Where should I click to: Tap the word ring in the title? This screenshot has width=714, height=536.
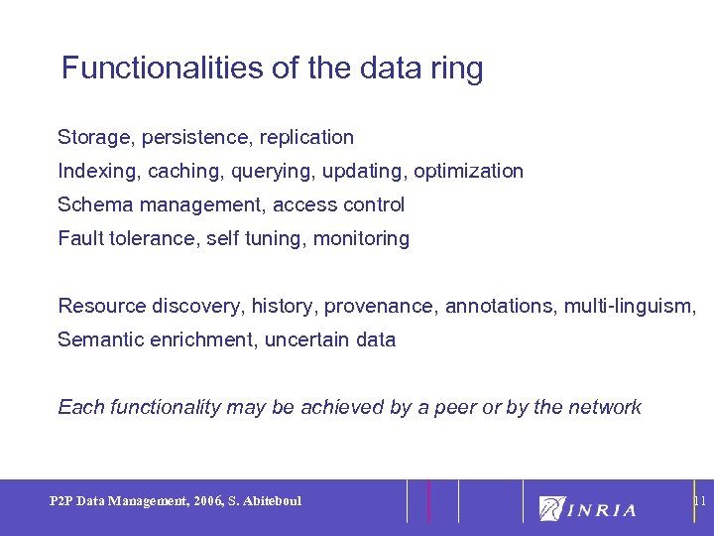[x=455, y=69]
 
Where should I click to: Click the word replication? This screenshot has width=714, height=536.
[x=306, y=137]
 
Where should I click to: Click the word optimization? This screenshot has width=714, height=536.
[x=468, y=171]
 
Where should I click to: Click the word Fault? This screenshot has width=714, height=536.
[x=79, y=238]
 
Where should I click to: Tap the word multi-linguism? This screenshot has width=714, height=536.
[x=630, y=306]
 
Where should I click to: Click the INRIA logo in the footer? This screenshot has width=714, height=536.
[x=587, y=508]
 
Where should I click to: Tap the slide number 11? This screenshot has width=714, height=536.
[x=698, y=501]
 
